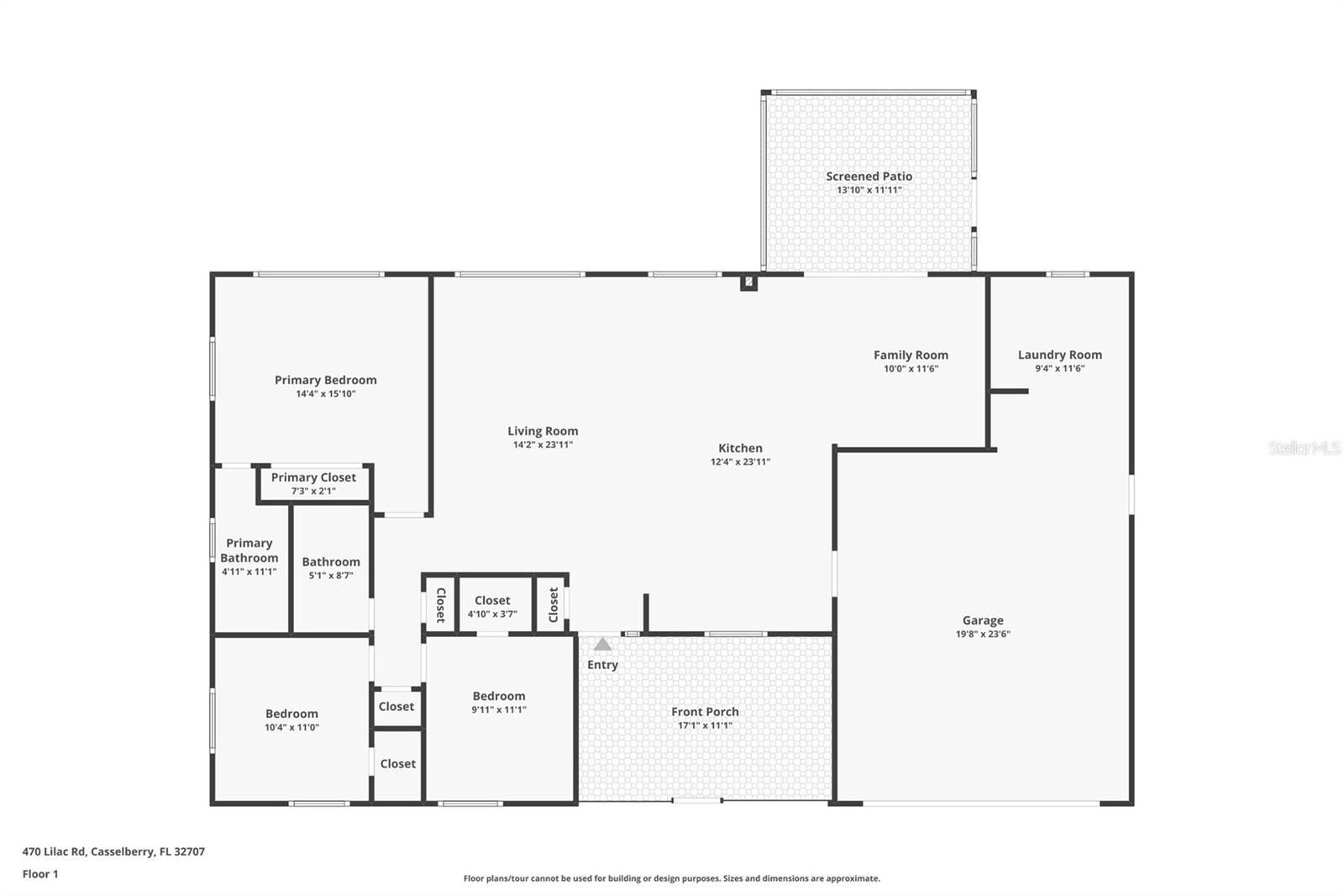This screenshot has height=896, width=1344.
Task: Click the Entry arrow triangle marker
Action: [602, 645]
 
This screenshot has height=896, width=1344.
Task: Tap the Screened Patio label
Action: [869, 176]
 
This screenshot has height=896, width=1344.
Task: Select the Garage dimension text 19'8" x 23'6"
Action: [983, 635]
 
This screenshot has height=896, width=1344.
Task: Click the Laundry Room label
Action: [1059, 355]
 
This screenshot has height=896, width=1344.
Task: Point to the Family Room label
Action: [911, 355]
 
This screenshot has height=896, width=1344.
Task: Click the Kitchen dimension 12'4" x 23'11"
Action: [740, 461]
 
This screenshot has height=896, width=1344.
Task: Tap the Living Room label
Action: [543, 431]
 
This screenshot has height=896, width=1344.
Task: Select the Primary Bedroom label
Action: [325, 380]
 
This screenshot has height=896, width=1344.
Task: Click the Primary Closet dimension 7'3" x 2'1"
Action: [313, 491]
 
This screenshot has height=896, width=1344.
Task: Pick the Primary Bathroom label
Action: [249, 551]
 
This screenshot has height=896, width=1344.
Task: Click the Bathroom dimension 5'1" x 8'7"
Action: [331, 576]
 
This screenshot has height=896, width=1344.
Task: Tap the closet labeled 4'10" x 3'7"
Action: [492, 607]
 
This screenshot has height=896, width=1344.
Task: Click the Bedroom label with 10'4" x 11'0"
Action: [291, 714]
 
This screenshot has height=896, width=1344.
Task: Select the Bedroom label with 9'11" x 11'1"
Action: [498, 696]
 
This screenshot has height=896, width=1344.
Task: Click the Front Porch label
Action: [705, 712]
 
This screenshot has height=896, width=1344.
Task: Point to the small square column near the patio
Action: [748, 282]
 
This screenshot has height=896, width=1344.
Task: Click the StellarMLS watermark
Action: [1304, 448]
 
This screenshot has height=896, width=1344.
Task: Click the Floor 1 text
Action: [40, 874]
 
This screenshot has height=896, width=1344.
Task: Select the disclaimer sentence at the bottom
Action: [671, 878]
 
